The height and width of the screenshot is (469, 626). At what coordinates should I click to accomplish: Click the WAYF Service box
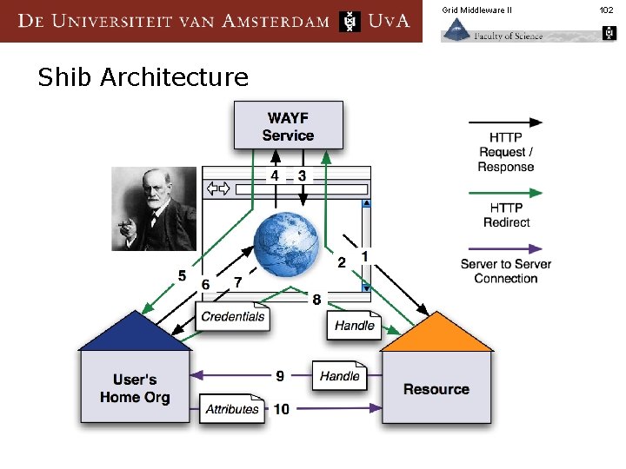288,126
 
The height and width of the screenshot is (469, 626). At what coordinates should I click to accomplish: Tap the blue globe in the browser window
288,243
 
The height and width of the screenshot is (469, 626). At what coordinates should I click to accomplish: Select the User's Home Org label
135,388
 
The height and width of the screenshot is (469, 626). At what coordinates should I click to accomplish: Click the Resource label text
436,389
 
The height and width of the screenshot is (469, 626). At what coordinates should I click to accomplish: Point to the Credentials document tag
232,317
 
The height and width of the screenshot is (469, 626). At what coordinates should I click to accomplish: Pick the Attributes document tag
232,409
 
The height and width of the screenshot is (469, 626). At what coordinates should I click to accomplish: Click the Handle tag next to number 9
339,376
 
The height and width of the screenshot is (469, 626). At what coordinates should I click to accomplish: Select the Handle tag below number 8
354,326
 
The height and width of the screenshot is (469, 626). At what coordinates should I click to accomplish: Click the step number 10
282,409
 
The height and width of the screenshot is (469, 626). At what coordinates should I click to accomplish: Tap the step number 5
182,275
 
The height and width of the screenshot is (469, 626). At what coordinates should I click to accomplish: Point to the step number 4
275,175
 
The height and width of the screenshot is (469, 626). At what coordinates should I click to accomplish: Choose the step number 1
364,256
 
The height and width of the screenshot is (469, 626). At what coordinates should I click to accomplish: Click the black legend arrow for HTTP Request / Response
505,122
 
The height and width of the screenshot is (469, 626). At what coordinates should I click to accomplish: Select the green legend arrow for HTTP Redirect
505,193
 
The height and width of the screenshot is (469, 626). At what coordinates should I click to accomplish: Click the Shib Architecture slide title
143,78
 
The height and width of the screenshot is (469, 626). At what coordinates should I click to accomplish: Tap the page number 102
606,10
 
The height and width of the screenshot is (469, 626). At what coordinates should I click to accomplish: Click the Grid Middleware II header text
476,10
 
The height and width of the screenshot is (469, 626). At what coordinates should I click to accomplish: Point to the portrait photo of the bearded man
154,208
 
